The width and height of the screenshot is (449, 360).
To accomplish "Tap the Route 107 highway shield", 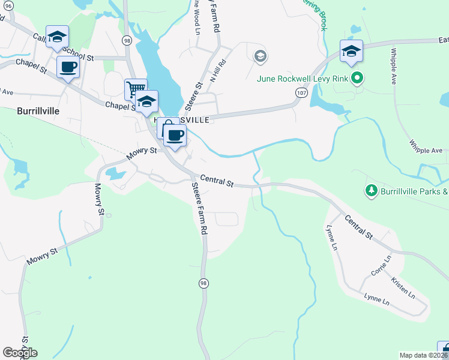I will (301, 92).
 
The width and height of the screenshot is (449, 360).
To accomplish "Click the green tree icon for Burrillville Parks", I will (372, 191).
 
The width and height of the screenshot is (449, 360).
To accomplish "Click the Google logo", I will (20, 352).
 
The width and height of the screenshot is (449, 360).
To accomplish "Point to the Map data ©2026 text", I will (423, 355).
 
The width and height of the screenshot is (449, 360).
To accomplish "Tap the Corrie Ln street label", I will (381, 265).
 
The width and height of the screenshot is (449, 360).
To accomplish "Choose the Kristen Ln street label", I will (403, 288).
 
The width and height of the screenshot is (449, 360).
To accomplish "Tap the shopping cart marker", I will (136, 89).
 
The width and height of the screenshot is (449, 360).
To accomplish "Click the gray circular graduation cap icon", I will (260, 57).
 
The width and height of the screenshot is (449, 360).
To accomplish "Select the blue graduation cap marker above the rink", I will (351, 51).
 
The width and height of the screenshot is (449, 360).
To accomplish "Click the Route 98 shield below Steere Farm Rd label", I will (204, 283).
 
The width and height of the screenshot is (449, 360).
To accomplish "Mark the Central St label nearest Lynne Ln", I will (359, 227).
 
